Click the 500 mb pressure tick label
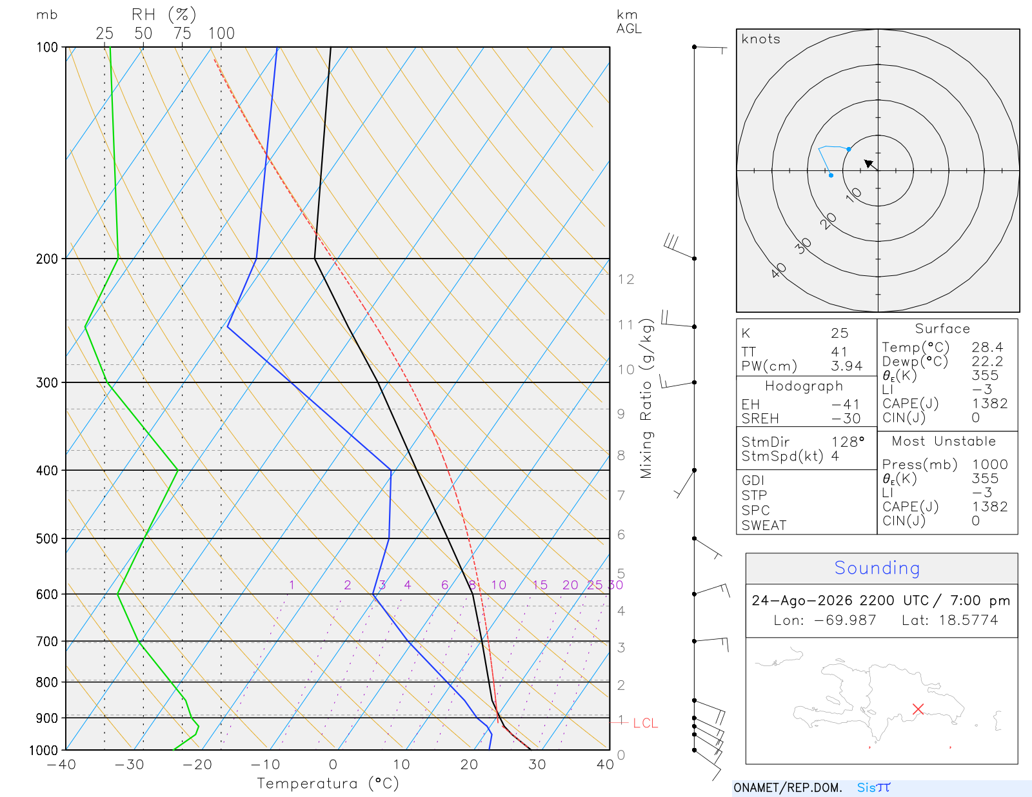[46, 539]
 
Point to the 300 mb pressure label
[46, 382]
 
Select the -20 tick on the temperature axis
[197, 764]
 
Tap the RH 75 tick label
[182, 34]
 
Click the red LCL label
[646, 723]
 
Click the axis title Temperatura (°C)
[328, 783]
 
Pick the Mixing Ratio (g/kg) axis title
[646, 398]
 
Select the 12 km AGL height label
[626, 279]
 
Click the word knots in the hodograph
[761, 39]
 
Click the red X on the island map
[918, 709]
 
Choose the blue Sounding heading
[877, 568]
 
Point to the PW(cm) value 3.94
[846, 366]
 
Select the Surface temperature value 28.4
[987, 348]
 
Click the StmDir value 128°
[848, 442]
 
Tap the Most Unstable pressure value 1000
[989, 464]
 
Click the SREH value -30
[846, 418]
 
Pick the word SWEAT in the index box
[764, 526]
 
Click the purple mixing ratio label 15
[539, 585]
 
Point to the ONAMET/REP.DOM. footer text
[788, 787]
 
